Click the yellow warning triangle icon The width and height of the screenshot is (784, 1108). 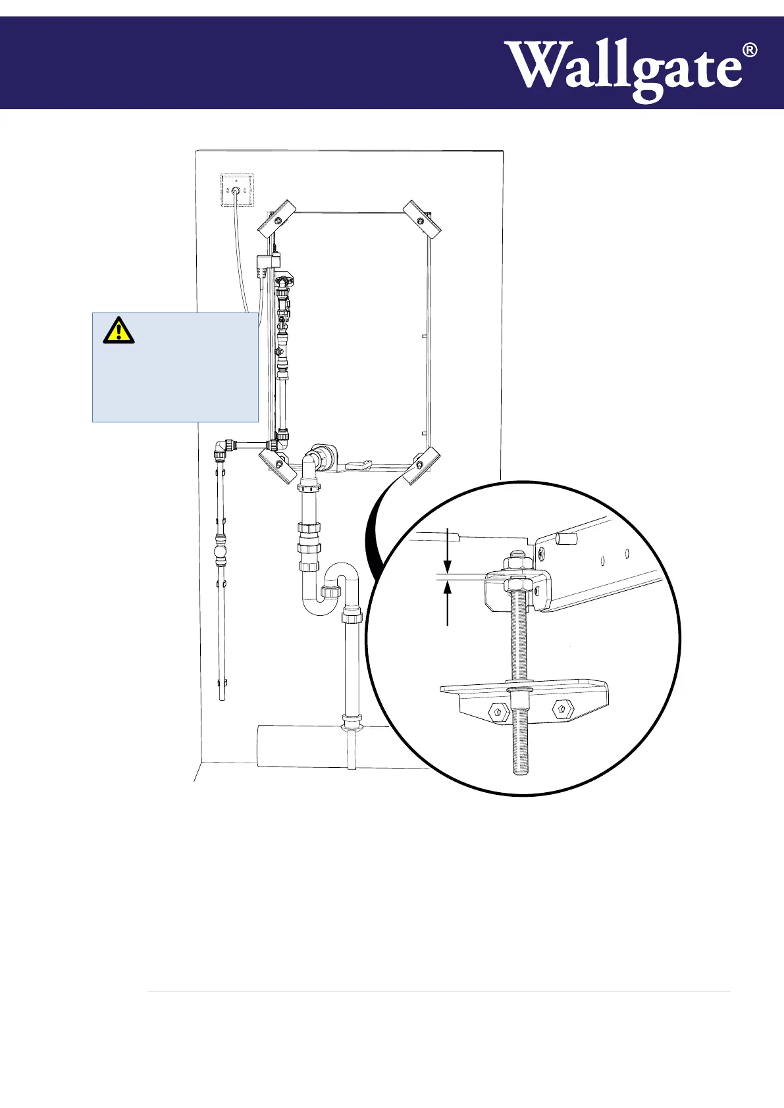tap(118, 330)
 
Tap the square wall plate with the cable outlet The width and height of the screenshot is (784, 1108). tap(236, 190)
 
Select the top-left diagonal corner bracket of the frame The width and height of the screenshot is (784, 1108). tap(276, 218)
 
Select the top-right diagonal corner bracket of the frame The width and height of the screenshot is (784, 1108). tap(422, 220)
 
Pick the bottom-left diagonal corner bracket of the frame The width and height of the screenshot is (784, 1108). tap(278, 465)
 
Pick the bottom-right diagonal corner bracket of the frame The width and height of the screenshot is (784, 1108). tap(421, 465)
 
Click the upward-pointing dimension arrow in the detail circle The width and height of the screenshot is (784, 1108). tap(448, 590)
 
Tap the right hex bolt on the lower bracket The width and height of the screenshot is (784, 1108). tap(560, 709)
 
